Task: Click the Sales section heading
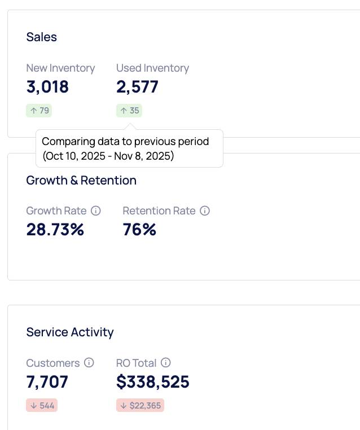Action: [42, 37]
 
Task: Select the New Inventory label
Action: [60, 68]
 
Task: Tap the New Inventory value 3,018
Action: [47, 87]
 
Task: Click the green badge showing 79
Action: [39, 111]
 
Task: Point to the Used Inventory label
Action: [152, 68]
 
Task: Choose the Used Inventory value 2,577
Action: [137, 87]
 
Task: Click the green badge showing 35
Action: [129, 111]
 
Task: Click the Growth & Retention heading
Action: [81, 181]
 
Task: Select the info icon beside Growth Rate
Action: [96, 210]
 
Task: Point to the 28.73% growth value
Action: [55, 230]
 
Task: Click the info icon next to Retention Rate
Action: [205, 210]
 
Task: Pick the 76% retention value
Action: [139, 230]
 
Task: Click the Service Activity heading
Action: [70, 332]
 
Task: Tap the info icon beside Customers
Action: [89, 363]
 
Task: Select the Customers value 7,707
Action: [47, 382]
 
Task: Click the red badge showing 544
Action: [42, 405]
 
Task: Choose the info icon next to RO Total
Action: [166, 363]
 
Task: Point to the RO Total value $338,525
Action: [153, 382]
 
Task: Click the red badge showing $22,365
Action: [140, 405]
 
